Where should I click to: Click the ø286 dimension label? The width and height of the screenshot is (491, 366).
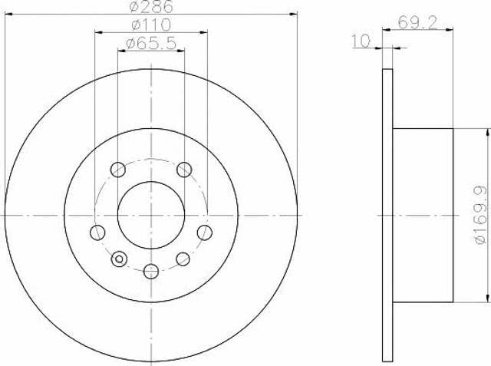(151, 7)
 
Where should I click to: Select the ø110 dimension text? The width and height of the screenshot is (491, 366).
(151, 25)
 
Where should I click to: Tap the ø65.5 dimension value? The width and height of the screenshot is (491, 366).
(151, 44)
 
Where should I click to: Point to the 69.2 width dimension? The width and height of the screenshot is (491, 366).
(417, 22)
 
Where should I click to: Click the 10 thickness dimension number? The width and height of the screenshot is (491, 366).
(361, 41)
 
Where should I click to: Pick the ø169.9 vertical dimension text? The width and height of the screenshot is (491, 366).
(481, 215)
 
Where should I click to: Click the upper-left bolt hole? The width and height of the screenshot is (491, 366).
(118, 170)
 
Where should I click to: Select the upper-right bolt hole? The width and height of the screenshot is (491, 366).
(184, 170)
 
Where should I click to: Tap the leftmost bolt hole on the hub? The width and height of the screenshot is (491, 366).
(97, 232)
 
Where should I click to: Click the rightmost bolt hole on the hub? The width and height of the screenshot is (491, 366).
(205, 232)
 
